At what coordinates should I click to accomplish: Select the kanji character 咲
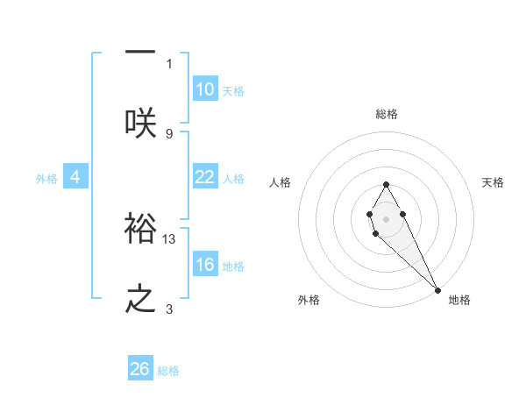click(x=140, y=122)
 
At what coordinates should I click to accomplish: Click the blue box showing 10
click(x=205, y=89)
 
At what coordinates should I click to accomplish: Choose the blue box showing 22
click(x=205, y=177)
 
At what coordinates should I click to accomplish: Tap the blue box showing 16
click(x=205, y=265)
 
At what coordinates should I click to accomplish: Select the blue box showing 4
click(x=75, y=177)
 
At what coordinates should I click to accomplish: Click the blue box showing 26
click(x=140, y=369)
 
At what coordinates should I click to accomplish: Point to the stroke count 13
click(x=170, y=238)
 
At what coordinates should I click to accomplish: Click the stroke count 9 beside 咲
click(x=169, y=133)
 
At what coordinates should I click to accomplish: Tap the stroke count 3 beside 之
click(x=169, y=309)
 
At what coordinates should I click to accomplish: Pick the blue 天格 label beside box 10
click(x=232, y=91)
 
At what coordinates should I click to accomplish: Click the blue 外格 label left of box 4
click(x=46, y=179)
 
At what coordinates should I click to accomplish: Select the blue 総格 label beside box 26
click(x=168, y=371)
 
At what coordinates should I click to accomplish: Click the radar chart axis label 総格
click(x=387, y=114)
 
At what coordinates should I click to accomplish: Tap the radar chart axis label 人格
click(x=280, y=182)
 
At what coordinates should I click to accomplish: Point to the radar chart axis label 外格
click(x=309, y=300)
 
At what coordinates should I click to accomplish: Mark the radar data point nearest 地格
click(x=438, y=290)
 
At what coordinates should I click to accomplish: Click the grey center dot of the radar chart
click(x=386, y=217)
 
